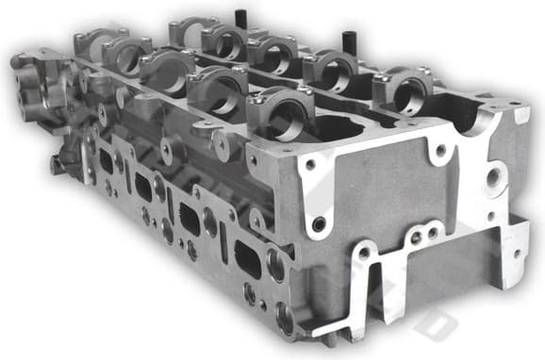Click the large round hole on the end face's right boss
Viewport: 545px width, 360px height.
(x=494, y=176)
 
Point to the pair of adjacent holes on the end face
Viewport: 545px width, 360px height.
(x=422, y=237)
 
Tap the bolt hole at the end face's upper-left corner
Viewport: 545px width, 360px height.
(x=309, y=167)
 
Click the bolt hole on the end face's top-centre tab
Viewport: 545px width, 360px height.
(x=439, y=149)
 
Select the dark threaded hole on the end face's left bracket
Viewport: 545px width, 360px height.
(x=320, y=223)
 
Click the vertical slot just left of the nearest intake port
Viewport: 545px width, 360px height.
(x=223, y=243)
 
